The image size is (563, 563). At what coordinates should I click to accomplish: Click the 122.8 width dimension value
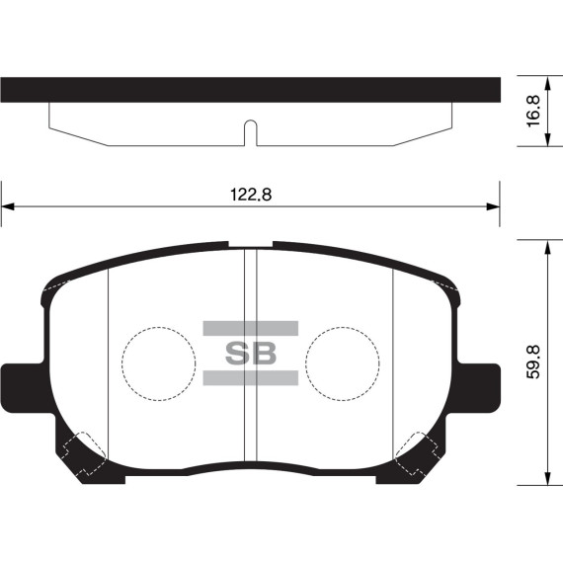pyautogui.click(x=250, y=195)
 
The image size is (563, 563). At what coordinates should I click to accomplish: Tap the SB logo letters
pyautogui.click(x=251, y=353)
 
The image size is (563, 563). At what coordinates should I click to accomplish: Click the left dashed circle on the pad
pyautogui.click(x=158, y=362)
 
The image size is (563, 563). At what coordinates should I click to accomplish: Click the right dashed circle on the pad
pyautogui.click(x=342, y=362)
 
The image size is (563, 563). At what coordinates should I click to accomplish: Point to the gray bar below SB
pyautogui.click(x=251, y=377)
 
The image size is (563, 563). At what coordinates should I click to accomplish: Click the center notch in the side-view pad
pyautogui.click(x=250, y=132)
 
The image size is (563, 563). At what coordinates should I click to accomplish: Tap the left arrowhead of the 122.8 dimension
pyautogui.click(x=8, y=206)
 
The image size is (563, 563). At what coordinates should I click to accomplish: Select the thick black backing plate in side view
pyautogui.click(x=250, y=91)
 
